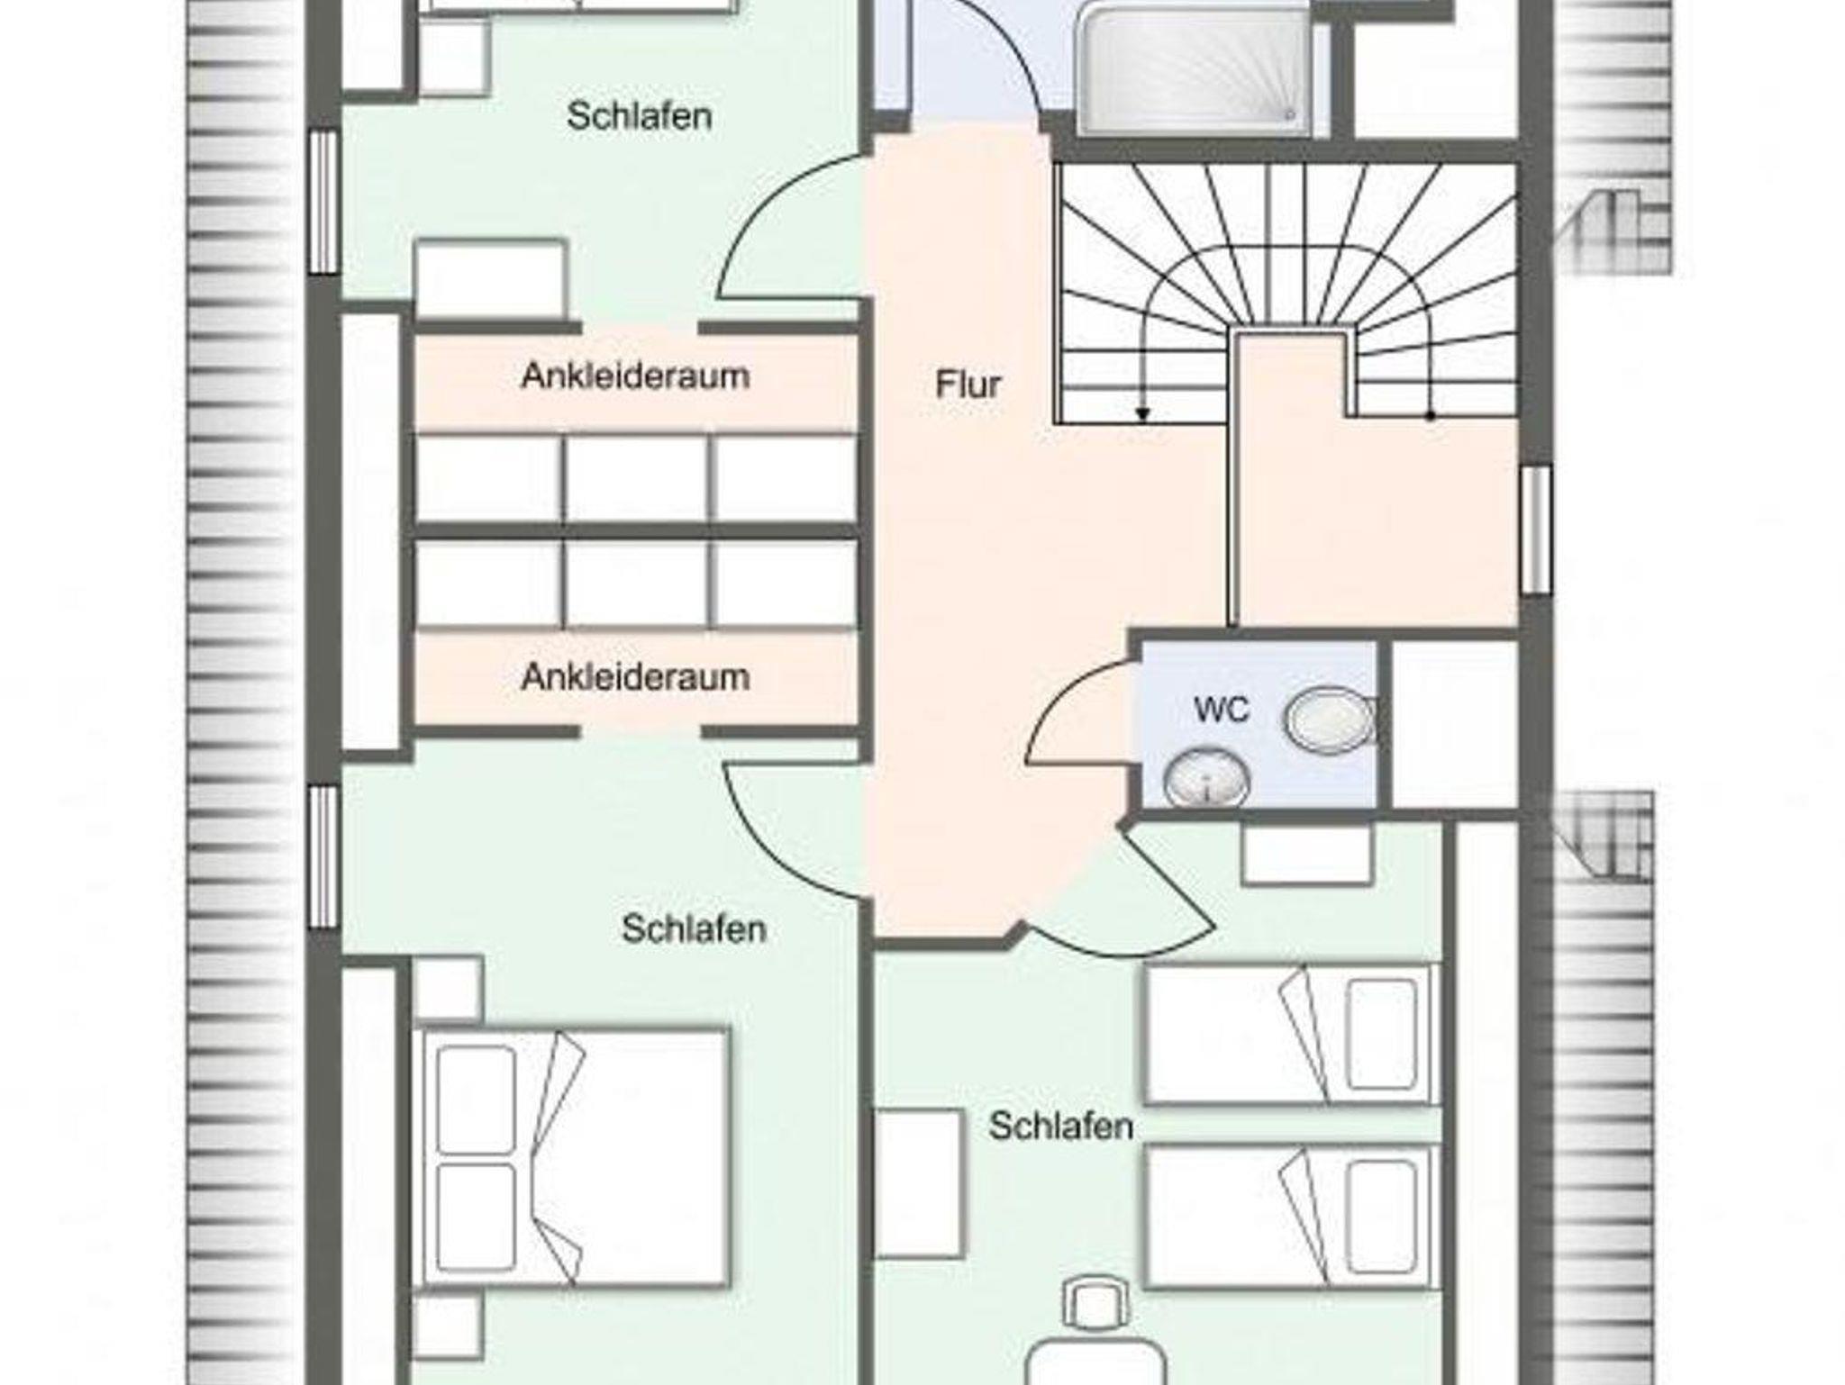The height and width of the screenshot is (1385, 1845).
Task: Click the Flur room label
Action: pos(968,385)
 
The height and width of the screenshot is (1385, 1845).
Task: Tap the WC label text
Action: pos(1222,710)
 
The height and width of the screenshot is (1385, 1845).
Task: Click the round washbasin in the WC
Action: pos(1206,779)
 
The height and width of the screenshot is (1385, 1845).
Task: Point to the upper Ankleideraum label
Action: pos(635,376)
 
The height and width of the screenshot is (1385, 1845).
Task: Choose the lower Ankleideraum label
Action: pos(635,677)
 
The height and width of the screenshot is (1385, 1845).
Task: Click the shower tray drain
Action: pos(1290,114)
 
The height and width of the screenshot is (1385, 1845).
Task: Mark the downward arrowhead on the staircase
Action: pos(1142,414)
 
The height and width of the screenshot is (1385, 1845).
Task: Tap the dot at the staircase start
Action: pos(1430,416)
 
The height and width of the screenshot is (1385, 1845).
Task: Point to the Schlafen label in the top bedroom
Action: pos(640,116)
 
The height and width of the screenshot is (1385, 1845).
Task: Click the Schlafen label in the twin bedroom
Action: pos(1061,1126)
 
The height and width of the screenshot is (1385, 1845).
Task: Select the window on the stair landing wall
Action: pos(1537,530)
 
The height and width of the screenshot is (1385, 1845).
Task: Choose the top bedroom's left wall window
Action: pos(323,202)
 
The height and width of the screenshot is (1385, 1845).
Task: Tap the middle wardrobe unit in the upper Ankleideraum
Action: pos(637,478)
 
